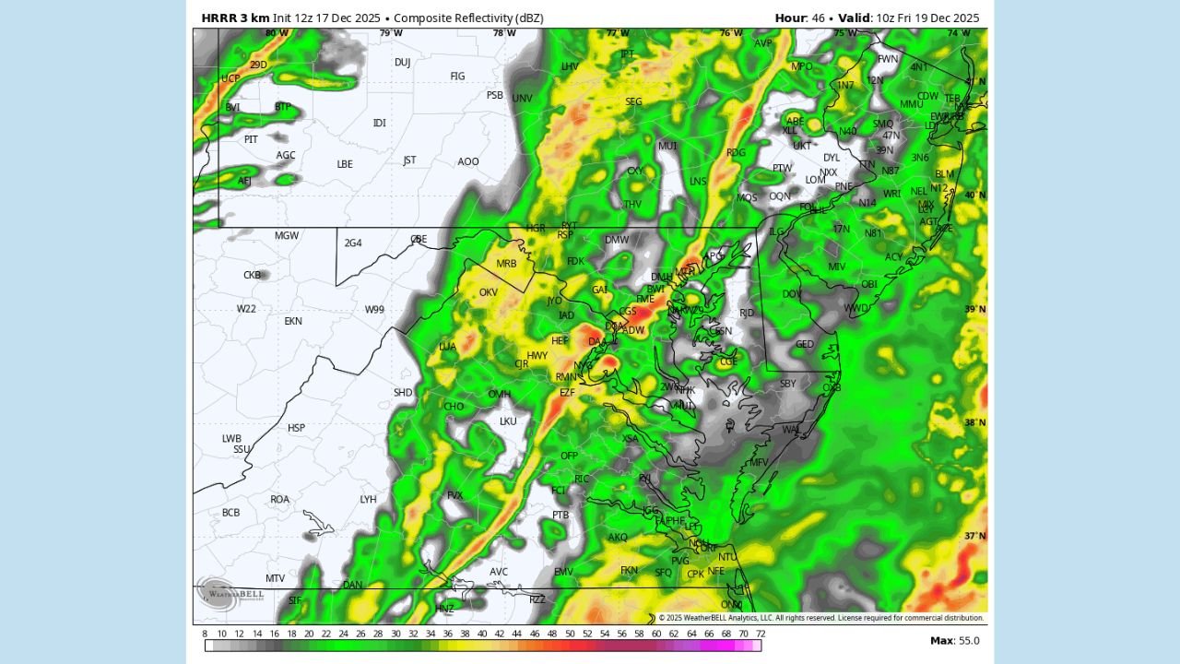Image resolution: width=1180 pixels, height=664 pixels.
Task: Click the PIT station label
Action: click(251, 139)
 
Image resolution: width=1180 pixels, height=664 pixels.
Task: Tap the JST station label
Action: click(409, 160)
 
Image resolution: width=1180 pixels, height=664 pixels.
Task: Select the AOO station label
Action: click(468, 162)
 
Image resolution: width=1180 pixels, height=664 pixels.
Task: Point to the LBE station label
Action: click(345, 165)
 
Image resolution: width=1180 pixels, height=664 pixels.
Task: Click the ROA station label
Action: click(279, 500)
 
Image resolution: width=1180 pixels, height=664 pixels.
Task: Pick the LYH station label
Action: click(368, 500)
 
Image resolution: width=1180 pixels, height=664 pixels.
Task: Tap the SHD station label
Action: click(403, 393)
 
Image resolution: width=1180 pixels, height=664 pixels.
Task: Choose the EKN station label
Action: click(293, 322)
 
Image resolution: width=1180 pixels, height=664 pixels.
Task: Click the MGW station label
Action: click(287, 236)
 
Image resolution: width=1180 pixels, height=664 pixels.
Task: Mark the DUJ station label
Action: click(402, 63)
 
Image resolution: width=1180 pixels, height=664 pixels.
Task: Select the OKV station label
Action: click(489, 293)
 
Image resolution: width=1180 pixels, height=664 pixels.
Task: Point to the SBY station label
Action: click(787, 384)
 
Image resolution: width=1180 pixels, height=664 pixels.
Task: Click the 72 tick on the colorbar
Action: click(760, 634)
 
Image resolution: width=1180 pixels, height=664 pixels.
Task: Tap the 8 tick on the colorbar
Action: click(205, 634)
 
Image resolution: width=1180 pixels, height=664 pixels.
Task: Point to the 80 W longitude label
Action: click(277, 33)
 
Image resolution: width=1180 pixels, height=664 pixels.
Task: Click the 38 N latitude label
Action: click(975, 423)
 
